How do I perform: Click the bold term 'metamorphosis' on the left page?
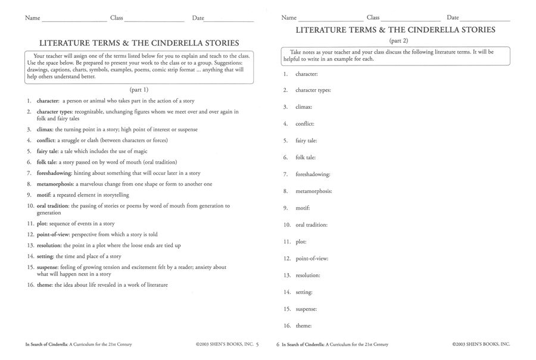(x=55, y=184)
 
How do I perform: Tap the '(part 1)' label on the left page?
(x=140, y=89)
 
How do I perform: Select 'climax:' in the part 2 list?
(x=304, y=107)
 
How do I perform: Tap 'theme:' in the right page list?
(x=304, y=325)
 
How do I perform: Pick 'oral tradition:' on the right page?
(x=311, y=225)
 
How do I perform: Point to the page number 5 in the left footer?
(x=257, y=344)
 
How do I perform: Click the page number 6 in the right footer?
(x=278, y=344)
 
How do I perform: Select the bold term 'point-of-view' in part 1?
(x=54, y=234)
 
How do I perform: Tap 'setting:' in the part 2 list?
(x=304, y=292)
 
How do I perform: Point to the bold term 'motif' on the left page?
(x=43, y=195)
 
